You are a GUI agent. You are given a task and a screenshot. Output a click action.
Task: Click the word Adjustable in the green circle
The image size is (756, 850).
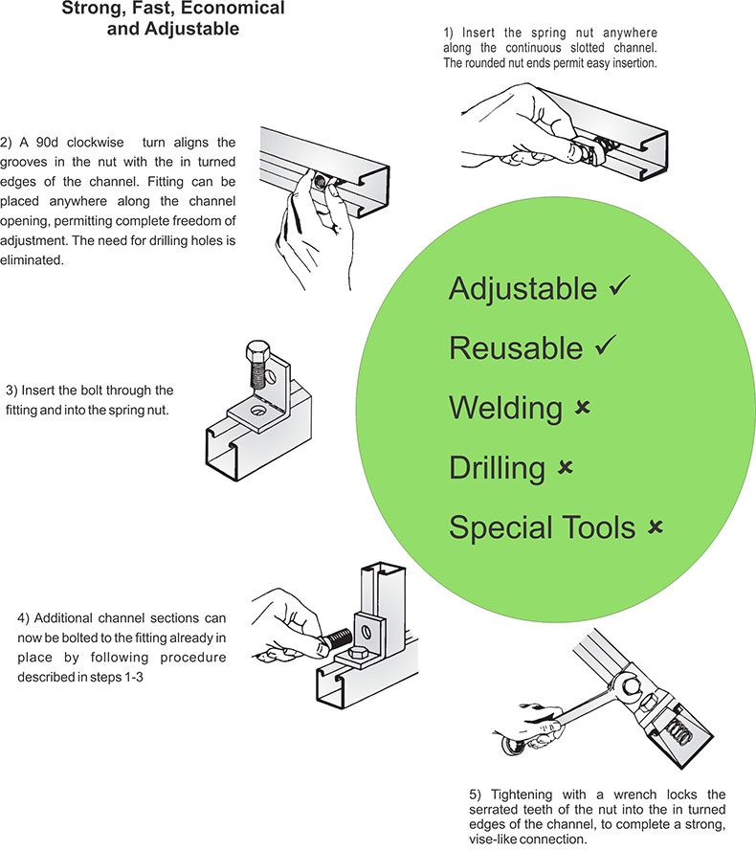pos(523,288)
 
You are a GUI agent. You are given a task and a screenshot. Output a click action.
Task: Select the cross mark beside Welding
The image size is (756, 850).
pos(582,409)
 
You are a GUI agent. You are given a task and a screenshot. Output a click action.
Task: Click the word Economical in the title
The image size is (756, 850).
pos(233,9)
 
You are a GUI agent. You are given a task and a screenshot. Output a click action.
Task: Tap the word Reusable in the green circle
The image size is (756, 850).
pos(516,348)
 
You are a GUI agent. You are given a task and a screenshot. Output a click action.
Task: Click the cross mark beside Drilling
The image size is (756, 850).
pos(565,467)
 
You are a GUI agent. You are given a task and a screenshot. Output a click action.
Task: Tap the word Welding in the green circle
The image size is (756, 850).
pos(505,409)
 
